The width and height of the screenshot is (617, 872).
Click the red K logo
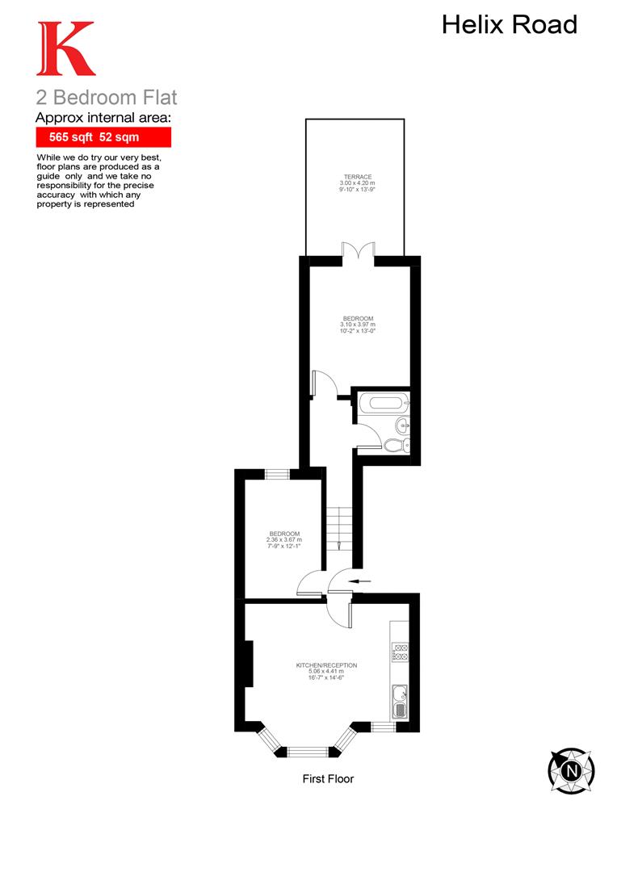pos(65,48)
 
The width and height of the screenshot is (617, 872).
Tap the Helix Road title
pos(510,25)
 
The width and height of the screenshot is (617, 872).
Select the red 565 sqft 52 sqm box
pos(103,137)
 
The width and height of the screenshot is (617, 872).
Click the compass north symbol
pos(571,769)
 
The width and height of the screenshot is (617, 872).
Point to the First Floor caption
pos(328,779)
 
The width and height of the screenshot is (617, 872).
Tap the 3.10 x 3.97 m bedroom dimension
pos(359,325)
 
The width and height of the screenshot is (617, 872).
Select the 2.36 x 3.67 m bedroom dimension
pos(284,539)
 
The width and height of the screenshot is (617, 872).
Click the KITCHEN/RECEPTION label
pos(326,665)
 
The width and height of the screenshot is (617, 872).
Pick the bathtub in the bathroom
pos(384,401)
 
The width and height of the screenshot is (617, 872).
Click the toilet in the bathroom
pos(396,445)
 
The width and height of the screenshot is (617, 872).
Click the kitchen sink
pos(400,700)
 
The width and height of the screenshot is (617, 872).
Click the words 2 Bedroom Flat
pos(106,99)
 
